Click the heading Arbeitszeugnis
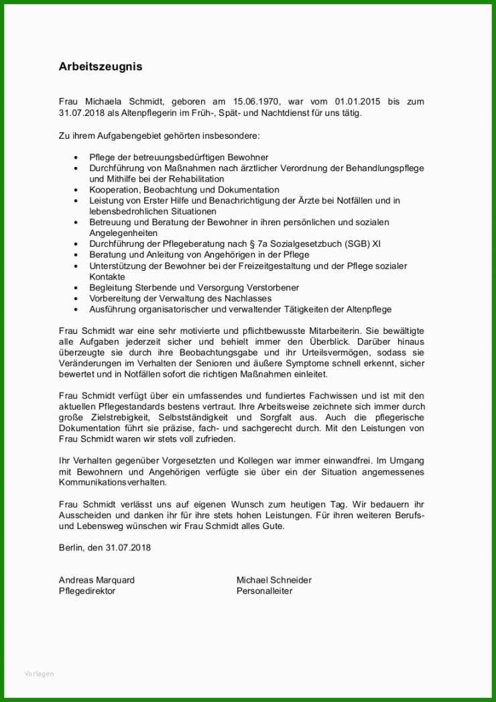(101, 67)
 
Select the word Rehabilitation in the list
(190, 179)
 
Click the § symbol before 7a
(279, 244)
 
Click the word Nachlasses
(249, 298)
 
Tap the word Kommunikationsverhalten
(112, 482)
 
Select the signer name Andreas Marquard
(97, 580)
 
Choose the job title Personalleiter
(264, 591)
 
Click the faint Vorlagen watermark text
(39, 674)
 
